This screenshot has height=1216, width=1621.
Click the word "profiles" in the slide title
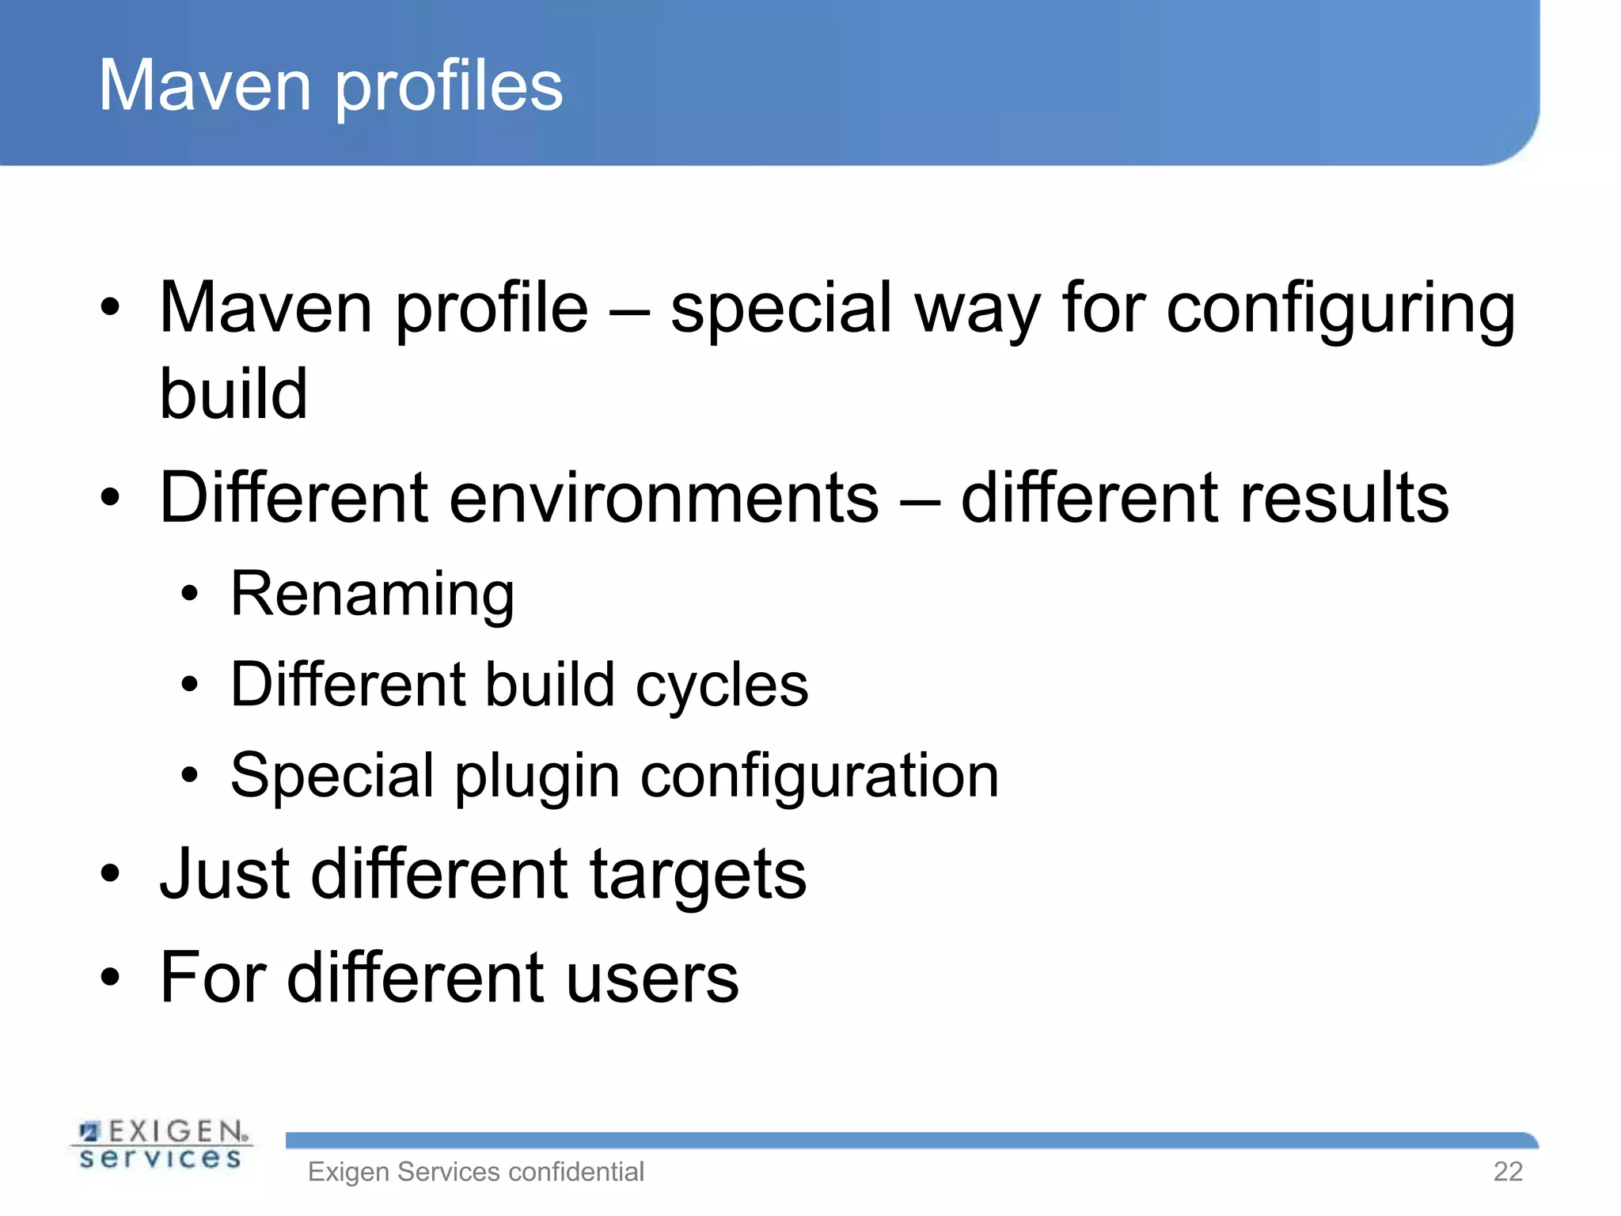point(449,87)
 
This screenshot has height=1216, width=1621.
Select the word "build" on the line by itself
point(233,393)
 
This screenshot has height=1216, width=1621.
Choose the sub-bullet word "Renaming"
point(372,595)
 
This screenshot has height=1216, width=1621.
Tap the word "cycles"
point(721,685)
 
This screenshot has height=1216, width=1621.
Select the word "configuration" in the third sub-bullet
point(819,777)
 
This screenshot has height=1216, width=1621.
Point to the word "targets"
point(697,876)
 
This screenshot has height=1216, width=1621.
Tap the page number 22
point(1507,1172)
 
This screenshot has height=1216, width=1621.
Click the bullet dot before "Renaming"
point(188,595)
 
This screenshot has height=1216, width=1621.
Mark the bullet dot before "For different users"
point(110,978)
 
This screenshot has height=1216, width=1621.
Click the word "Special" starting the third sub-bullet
point(332,776)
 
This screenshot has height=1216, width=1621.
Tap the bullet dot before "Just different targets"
point(110,875)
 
